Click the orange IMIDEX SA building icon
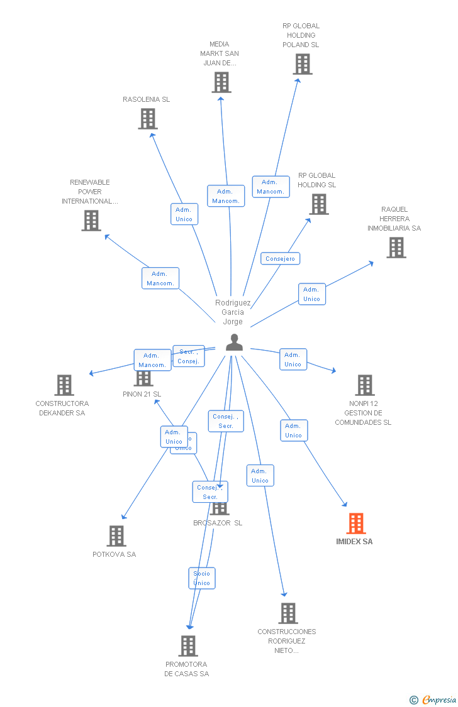click(356, 523)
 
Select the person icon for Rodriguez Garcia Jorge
click(234, 343)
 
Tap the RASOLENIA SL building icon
click(148, 119)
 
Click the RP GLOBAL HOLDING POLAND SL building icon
click(303, 64)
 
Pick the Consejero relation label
click(281, 258)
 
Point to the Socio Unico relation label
click(202, 578)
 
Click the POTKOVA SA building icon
click(116, 536)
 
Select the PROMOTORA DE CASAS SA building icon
click(188, 645)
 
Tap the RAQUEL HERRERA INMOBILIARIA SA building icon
click(396, 248)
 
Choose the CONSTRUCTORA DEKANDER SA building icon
click(64, 385)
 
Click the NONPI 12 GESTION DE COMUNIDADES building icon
click(365, 385)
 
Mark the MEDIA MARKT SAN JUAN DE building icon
click(221, 82)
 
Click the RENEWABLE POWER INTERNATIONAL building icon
click(91, 221)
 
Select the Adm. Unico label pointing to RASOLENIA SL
click(184, 214)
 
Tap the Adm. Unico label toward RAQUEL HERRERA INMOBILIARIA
click(312, 294)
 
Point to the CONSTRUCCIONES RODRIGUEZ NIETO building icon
click(288, 613)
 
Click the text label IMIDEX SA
click(354, 541)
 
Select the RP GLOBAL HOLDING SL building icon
click(319, 204)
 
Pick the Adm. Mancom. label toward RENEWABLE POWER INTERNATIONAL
click(160, 278)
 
